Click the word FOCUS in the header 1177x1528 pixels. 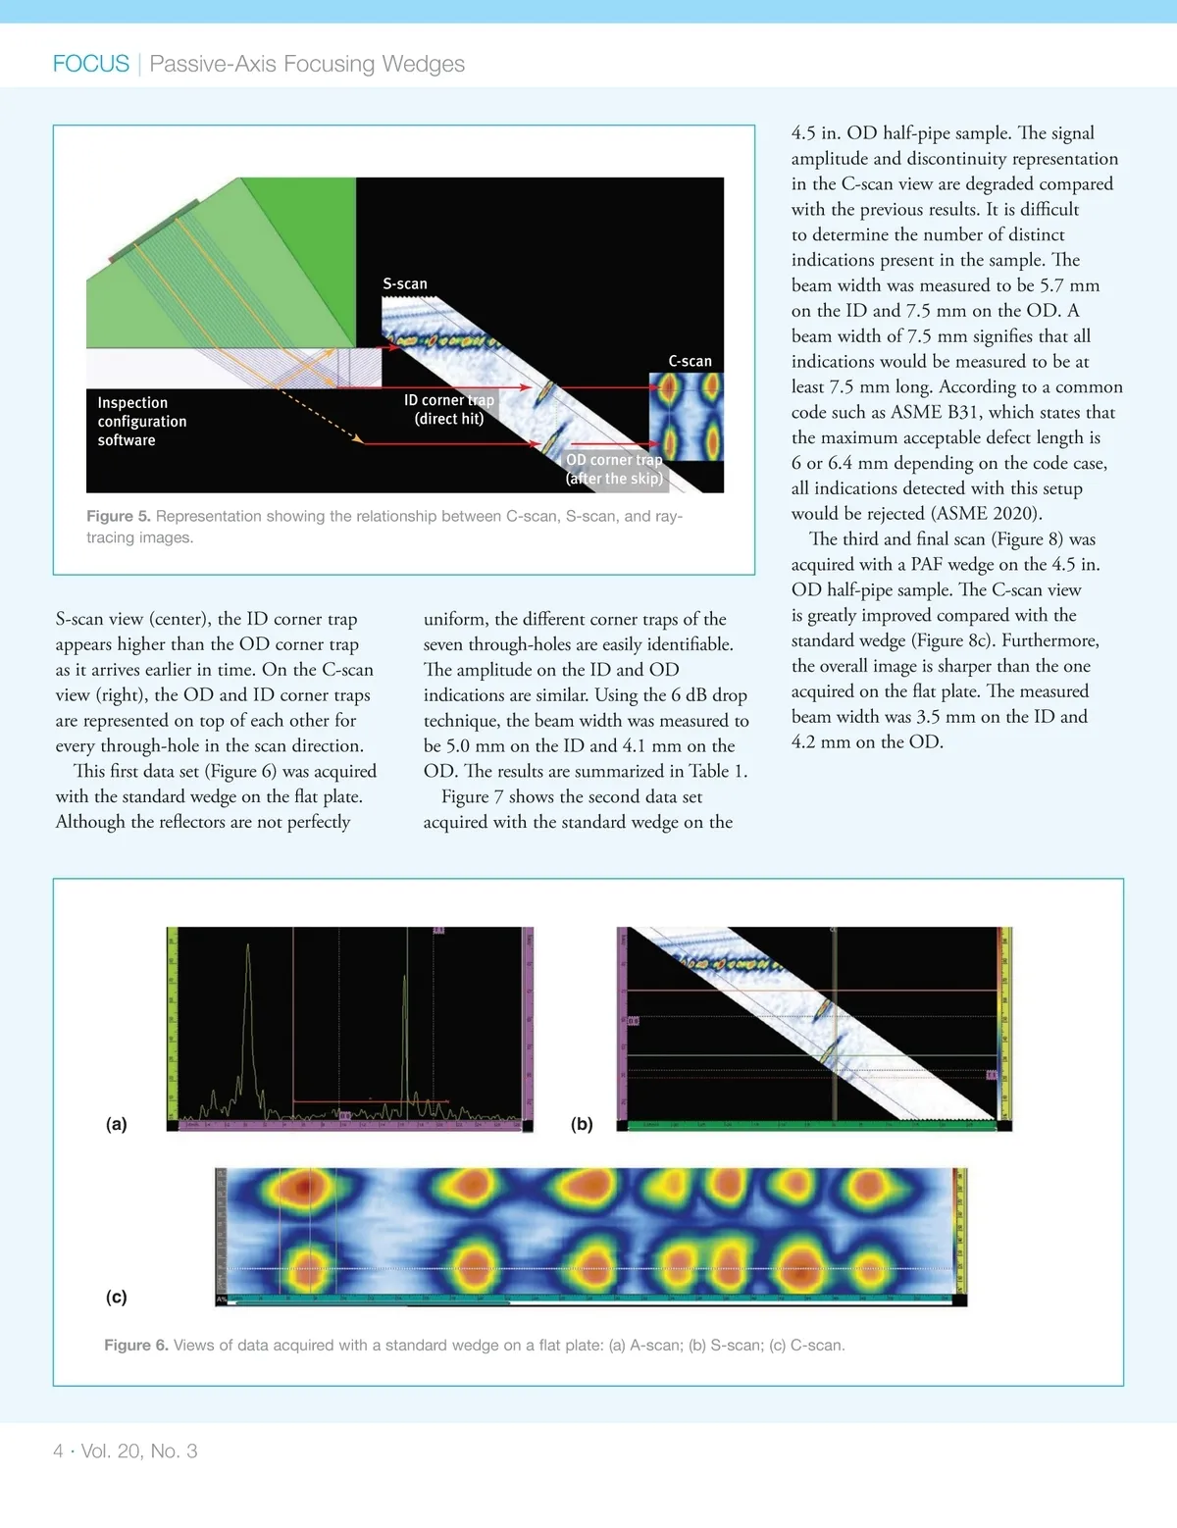[x=91, y=64]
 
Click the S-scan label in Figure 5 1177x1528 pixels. [x=405, y=284]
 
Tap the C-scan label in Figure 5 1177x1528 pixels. [x=690, y=362]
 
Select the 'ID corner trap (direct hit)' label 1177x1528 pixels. [x=449, y=410]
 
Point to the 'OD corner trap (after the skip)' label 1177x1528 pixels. [x=614, y=469]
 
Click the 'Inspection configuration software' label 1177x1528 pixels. [x=141, y=422]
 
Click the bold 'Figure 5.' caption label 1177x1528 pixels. [x=118, y=517]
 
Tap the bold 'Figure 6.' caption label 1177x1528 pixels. [x=136, y=1346]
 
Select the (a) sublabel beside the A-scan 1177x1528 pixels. [x=117, y=1124]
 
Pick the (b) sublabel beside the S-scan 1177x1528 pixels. [x=582, y=1124]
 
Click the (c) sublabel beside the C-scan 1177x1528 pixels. [x=117, y=1297]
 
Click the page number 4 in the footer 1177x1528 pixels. [x=58, y=1452]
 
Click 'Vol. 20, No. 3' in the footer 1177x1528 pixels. [x=139, y=1452]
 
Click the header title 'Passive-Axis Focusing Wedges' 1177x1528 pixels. [x=307, y=64]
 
